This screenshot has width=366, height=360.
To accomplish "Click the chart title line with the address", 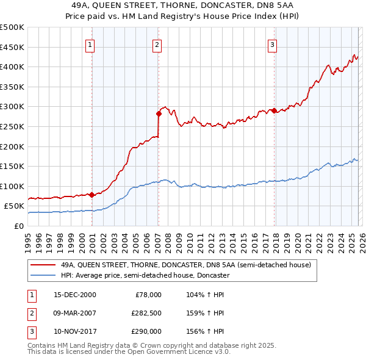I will [x=182, y=4].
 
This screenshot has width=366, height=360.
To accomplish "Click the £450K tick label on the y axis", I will [x=12, y=47].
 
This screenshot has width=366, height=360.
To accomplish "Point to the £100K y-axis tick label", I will [x=12, y=186].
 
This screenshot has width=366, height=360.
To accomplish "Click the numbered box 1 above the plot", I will [x=90, y=44].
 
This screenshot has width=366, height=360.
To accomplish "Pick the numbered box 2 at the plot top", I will [x=157, y=44].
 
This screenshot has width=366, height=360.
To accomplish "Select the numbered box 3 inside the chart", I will [x=272, y=44].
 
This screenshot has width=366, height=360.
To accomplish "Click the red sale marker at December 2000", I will [x=91, y=195].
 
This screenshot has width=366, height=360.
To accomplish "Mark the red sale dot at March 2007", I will [x=159, y=113].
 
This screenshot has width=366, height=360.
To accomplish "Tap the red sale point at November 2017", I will [x=274, y=110].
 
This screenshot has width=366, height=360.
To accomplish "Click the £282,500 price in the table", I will [x=146, y=313].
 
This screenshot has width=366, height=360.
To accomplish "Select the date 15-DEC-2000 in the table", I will [x=74, y=295].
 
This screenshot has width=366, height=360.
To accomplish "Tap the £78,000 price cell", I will [x=148, y=295].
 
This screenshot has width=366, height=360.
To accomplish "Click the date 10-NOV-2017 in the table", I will [x=74, y=331].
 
